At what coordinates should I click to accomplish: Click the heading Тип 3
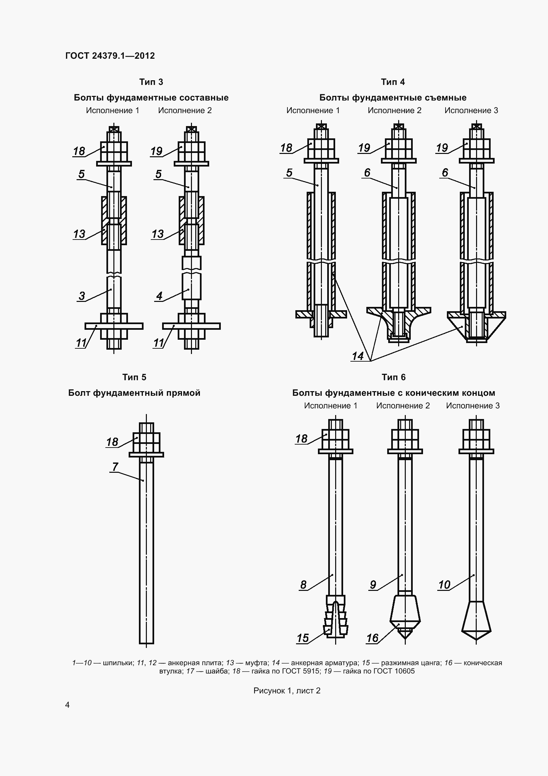coord(151,82)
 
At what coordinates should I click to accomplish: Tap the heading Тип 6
coord(394,377)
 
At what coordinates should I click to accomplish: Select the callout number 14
coord(358,356)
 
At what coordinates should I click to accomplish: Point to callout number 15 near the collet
coord(303,638)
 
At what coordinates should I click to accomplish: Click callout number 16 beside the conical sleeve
coord(372,638)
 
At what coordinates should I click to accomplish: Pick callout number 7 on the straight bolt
coord(115,467)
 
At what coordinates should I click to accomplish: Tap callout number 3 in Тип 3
coord(82,296)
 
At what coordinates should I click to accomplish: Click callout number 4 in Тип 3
coord(159,296)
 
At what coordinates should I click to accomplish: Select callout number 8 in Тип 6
coord(303,585)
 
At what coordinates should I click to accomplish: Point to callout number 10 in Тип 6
coord(444,585)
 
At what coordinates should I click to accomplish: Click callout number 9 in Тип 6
coord(373,585)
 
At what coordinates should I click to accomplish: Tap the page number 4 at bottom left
coord(67,705)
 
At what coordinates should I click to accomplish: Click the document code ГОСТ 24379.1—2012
coord(110,56)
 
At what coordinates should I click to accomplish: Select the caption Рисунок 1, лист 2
coord(287,690)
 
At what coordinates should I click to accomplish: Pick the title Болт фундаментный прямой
coord(134,393)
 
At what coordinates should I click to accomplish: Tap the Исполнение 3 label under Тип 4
coord(471,110)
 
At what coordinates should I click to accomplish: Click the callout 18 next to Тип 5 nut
coord(112,442)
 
